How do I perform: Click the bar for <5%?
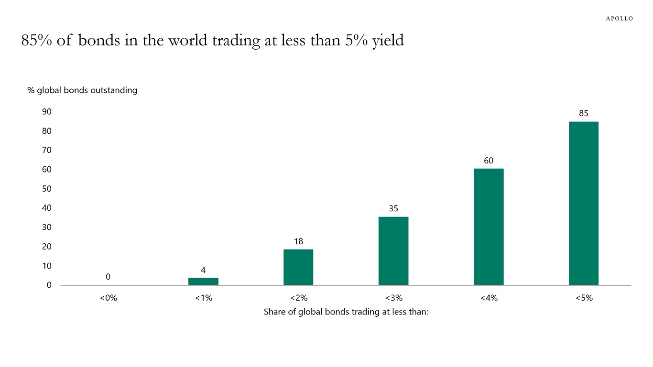click(x=583, y=203)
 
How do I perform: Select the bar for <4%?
click(x=488, y=227)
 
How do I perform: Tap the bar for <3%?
click(x=393, y=251)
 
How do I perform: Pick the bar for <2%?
click(x=298, y=267)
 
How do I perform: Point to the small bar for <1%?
click(x=203, y=281)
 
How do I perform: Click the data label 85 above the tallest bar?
click(x=583, y=113)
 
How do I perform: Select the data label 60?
click(x=488, y=161)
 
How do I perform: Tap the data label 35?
click(x=393, y=209)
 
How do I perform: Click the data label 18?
click(x=298, y=241)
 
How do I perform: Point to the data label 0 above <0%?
click(x=108, y=277)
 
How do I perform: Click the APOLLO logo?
click(x=619, y=18)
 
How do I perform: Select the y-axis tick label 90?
click(x=47, y=111)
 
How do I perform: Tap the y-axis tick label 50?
click(x=47, y=189)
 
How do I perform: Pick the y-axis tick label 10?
click(x=47, y=266)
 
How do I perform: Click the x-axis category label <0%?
click(x=108, y=298)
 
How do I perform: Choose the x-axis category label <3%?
click(x=393, y=298)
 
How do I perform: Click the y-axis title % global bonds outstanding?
click(x=82, y=90)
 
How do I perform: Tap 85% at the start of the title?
click(x=36, y=41)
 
